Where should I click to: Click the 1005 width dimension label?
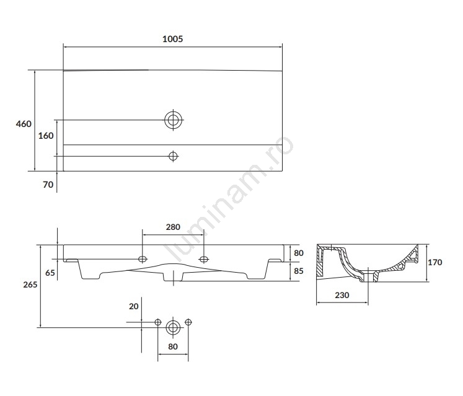[x=173, y=39]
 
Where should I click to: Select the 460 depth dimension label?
[x=24, y=124]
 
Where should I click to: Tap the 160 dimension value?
[x=46, y=136]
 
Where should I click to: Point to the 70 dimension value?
[x=48, y=185]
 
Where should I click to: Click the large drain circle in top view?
[x=174, y=120]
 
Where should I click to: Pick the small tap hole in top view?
[x=173, y=156]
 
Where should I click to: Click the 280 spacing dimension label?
[x=173, y=227]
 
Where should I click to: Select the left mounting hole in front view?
[x=143, y=259]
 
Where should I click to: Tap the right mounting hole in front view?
[x=204, y=259]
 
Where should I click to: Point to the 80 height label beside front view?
[x=299, y=253]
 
